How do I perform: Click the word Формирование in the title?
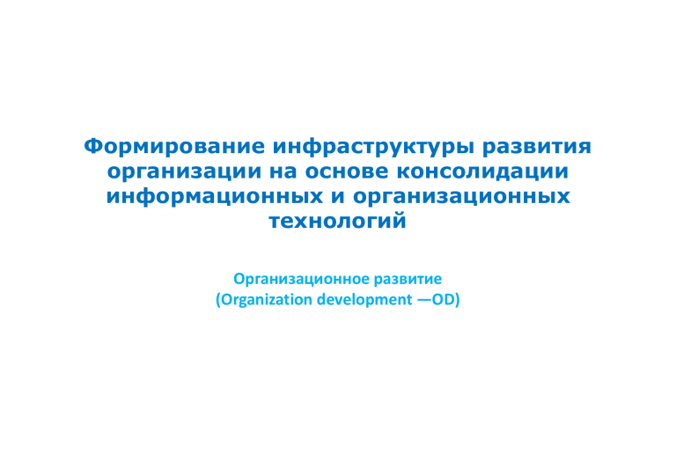[174, 147]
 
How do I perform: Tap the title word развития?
[537, 148]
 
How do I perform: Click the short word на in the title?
[283, 171]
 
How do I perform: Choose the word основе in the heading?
[347, 171]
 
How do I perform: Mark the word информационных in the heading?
[215, 197]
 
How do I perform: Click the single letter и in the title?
[338, 197]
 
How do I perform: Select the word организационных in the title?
[462, 197]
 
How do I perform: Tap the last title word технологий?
[338, 221]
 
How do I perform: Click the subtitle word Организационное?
[301, 279]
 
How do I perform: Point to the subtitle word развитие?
[408, 279]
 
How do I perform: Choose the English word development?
[364, 300]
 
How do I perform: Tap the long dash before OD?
[423, 300]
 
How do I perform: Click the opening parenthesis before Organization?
[217, 300]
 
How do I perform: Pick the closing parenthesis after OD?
[458, 300]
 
